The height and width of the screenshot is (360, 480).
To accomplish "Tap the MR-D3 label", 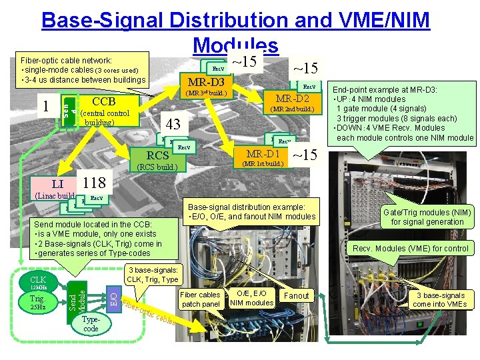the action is pyautogui.click(x=205, y=81).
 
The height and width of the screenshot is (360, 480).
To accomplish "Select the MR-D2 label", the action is pyautogui.click(x=292, y=98).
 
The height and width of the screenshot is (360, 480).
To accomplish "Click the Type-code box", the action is pyautogui.click(x=91, y=324).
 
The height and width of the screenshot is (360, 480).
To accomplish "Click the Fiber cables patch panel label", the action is pyautogui.click(x=200, y=299).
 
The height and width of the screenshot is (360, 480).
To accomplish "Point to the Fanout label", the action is pyautogui.click(x=297, y=295).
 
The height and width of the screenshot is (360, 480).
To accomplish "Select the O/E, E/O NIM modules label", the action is pyautogui.click(x=251, y=298).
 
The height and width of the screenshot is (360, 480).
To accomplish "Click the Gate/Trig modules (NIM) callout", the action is pyautogui.click(x=427, y=217).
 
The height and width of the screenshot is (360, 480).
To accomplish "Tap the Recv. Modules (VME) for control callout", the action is pyautogui.click(x=420, y=249).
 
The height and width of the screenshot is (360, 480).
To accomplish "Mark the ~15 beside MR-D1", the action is pyautogui.click(x=305, y=155).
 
